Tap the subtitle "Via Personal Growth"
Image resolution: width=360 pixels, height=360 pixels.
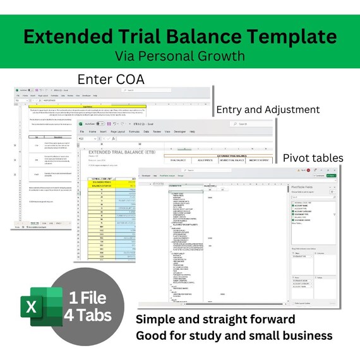180,56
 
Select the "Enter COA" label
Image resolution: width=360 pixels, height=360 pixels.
111,79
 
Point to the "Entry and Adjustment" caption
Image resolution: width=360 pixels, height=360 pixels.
268,109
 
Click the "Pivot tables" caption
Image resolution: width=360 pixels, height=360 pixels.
313,157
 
